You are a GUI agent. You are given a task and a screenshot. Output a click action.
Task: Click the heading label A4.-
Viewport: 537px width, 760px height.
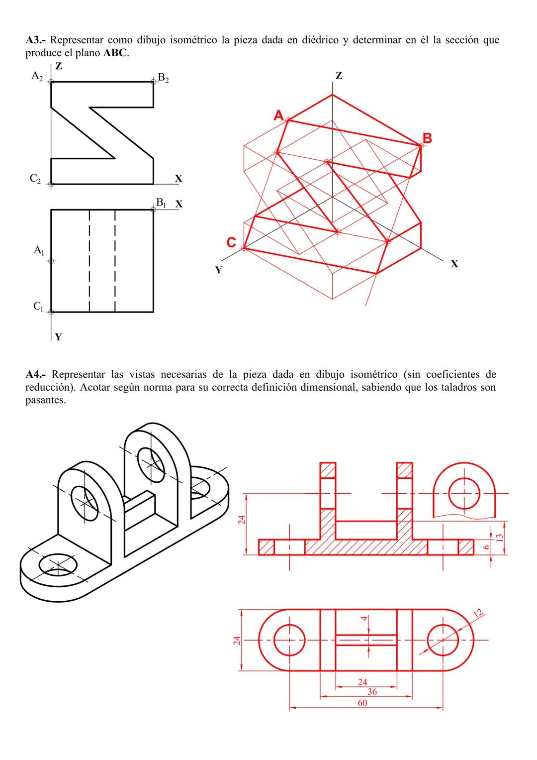tap(36, 374)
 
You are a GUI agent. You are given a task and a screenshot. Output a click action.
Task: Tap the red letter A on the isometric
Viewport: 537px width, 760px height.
tap(279, 115)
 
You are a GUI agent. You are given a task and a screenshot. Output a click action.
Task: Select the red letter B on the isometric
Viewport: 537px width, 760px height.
tap(427, 138)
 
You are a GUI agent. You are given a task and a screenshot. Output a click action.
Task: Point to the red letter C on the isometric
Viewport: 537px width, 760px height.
tap(231, 242)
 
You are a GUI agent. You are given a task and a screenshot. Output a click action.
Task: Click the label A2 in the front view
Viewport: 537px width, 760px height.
tap(37, 76)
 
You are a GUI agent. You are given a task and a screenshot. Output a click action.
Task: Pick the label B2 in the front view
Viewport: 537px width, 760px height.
tap(163, 78)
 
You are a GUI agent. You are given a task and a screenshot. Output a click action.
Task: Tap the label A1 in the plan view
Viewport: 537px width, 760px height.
tap(39, 250)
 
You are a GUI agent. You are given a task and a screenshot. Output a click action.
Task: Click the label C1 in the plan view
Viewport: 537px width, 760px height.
tap(38, 307)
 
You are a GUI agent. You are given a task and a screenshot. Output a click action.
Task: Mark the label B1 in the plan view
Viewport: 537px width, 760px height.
tap(161, 203)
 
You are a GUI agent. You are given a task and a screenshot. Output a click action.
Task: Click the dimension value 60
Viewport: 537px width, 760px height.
tap(362, 703)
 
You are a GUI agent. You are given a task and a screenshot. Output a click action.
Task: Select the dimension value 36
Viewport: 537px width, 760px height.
tap(372, 692)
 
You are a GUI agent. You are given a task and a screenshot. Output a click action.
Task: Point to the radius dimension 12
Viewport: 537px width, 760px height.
tap(479, 614)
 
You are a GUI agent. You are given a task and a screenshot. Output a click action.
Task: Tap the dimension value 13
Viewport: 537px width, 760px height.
tap(500, 538)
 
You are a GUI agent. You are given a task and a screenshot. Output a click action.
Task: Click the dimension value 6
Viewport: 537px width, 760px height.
tap(487, 546)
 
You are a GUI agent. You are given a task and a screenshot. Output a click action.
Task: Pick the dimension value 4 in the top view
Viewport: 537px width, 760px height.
tap(364, 619)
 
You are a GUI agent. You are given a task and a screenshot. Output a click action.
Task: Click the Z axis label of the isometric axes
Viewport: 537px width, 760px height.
tap(339, 76)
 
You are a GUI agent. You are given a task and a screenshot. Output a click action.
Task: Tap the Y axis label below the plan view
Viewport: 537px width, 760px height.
tap(58, 337)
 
